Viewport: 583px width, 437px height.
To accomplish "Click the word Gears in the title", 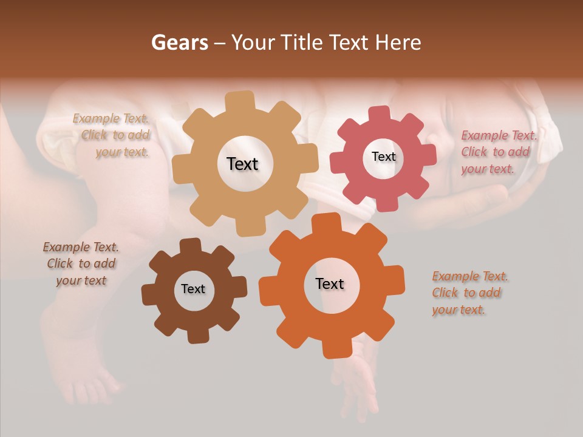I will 179,42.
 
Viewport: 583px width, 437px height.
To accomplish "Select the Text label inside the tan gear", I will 242,164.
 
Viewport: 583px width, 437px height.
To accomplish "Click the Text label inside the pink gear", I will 383,157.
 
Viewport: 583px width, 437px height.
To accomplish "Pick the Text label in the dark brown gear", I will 193,289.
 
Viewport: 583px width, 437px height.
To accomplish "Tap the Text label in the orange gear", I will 330,283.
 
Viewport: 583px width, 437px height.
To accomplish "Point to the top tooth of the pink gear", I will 379,113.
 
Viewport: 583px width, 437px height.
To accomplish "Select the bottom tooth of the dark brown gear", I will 197,335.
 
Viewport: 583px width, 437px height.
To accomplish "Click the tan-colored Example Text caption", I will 113,135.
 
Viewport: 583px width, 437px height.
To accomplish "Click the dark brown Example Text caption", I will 81,264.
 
